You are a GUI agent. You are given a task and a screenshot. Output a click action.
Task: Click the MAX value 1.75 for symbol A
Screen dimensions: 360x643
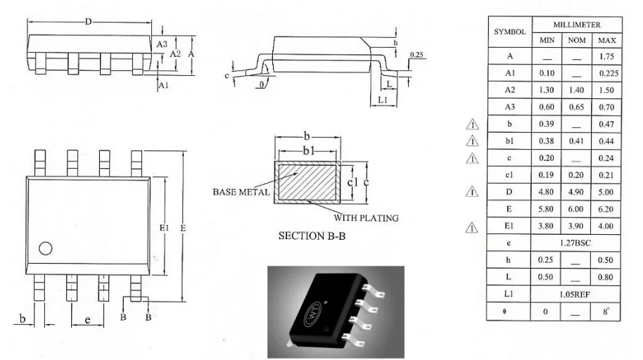(x=606, y=56)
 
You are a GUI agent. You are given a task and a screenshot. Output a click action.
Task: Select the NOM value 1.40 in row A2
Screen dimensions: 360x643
(x=576, y=91)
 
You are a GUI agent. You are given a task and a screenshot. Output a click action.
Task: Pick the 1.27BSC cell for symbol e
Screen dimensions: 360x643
(x=576, y=243)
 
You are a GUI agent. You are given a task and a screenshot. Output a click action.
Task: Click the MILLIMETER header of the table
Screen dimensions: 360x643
(x=576, y=25)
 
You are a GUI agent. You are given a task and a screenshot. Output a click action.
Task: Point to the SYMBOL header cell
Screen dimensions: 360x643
(x=510, y=32)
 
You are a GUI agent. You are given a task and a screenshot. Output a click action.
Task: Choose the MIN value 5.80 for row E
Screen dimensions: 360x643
(x=547, y=210)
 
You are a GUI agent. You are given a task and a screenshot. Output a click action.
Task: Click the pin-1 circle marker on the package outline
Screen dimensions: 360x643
(x=46, y=247)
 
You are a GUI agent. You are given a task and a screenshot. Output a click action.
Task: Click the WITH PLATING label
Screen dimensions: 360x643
(x=371, y=218)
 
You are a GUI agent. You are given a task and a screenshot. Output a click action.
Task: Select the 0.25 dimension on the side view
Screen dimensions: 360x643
(x=416, y=54)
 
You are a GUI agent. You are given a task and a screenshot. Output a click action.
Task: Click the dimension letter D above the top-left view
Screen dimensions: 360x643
(x=89, y=22)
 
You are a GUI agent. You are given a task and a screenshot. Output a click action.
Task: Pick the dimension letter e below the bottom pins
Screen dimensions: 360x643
(x=87, y=321)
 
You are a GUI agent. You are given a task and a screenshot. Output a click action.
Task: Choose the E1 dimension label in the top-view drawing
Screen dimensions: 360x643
(x=163, y=228)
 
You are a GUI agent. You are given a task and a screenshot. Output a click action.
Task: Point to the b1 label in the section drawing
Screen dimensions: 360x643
(x=307, y=151)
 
